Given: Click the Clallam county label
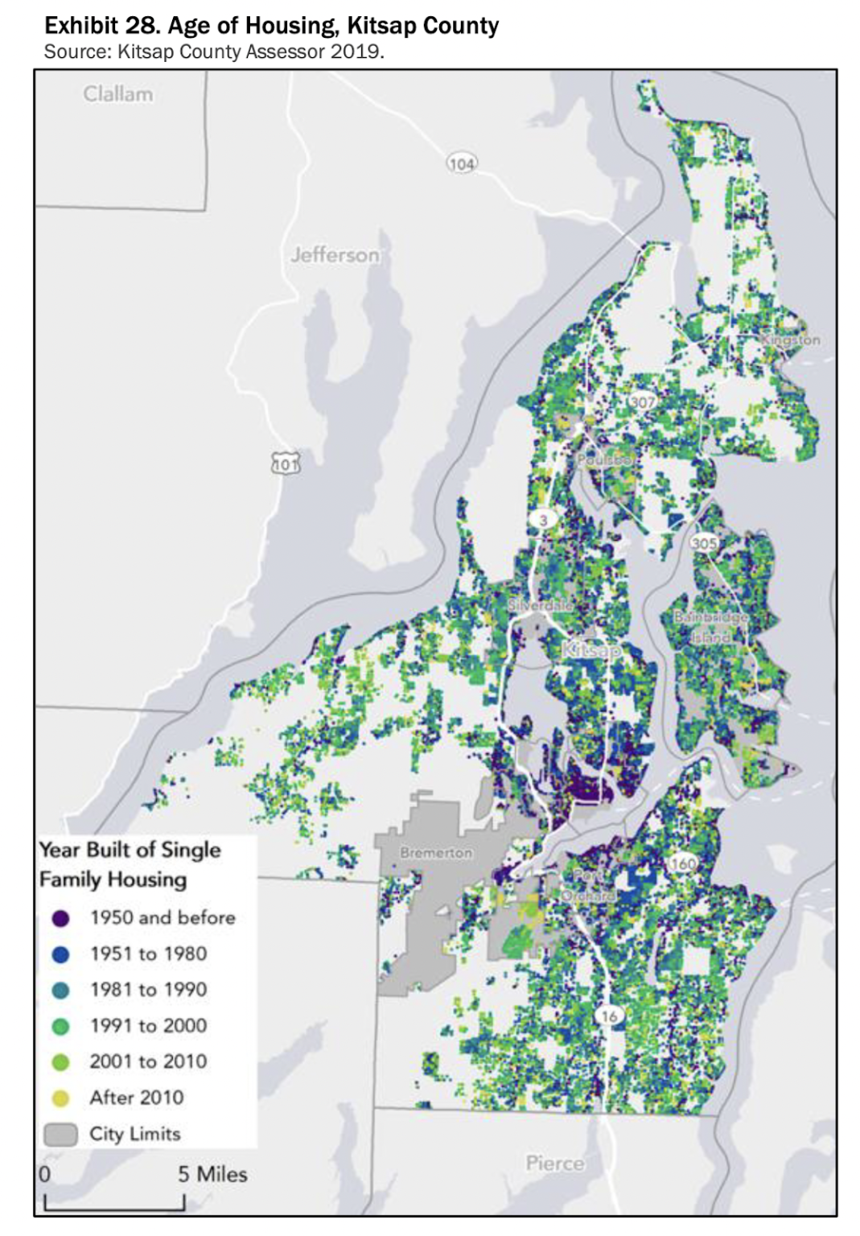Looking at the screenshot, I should (x=117, y=94).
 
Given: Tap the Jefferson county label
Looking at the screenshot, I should (x=335, y=255).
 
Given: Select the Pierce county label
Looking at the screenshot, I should (x=554, y=1163).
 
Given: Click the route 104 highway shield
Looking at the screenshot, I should (x=461, y=164).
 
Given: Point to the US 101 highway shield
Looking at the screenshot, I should (x=285, y=464).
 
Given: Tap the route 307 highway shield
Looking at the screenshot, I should (x=642, y=402).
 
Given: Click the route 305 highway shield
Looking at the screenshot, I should (x=703, y=543).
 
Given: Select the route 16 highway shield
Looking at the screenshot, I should (x=609, y=1016).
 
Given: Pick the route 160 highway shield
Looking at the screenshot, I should (x=682, y=864).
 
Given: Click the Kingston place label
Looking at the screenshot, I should (x=791, y=340).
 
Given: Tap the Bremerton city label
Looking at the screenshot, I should (x=436, y=852).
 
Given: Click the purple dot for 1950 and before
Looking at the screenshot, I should (x=60, y=918).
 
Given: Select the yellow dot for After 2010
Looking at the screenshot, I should (x=60, y=1098).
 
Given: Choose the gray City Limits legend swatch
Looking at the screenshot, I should (x=60, y=1135).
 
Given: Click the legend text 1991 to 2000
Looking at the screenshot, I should (x=148, y=1026).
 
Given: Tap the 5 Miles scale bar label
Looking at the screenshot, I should (x=212, y=1174).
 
